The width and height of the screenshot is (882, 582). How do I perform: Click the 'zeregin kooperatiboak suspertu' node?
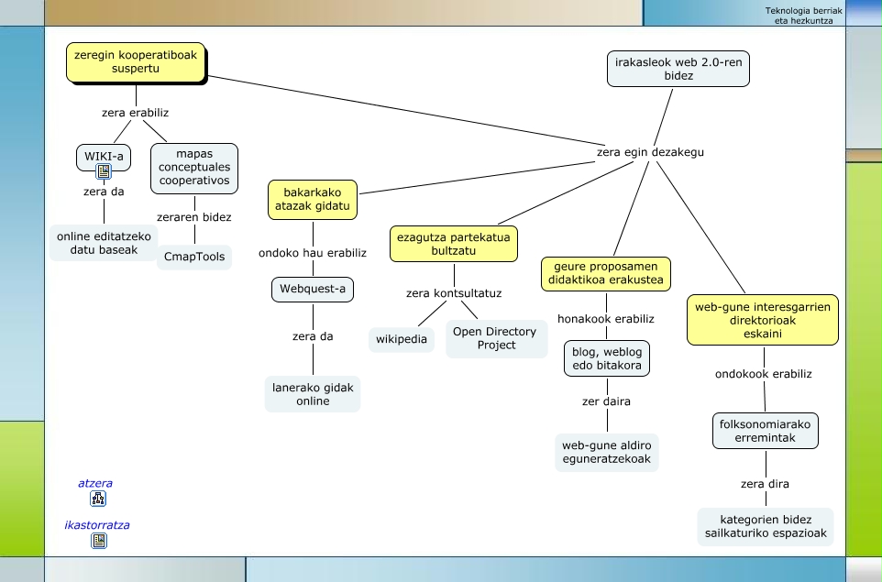click(x=136, y=62)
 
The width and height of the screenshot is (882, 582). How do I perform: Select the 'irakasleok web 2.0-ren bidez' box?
click(x=678, y=69)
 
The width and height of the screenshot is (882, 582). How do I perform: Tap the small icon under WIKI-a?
click(x=104, y=170)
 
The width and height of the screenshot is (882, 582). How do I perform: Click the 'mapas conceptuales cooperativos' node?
click(x=194, y=168)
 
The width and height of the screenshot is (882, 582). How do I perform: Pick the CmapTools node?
click(x=194, y=256)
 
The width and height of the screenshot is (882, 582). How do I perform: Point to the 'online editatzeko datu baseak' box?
click(x=104, y=243)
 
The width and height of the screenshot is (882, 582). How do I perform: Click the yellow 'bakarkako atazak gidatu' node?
click(x=313, y=200)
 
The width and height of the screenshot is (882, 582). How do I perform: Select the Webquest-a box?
click(x=313, y=290)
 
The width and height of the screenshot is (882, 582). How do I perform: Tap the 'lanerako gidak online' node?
click(x=313, y=394)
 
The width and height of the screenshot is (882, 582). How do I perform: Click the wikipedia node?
click(x=402, y=339)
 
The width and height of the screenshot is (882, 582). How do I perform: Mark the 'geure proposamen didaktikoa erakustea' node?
click(x=605, y=273)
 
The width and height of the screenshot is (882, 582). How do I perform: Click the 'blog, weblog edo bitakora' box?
click(x=607, y=358)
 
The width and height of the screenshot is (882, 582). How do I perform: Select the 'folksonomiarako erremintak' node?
click(x=766, y=431)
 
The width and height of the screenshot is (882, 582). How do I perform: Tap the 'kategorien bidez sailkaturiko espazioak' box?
click(x=766, y=526)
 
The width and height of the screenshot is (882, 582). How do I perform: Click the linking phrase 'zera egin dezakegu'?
click(x=650, y=152)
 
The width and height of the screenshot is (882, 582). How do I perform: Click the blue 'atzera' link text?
click(x=95, y=483)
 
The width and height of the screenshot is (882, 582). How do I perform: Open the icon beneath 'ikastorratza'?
click(x=99, y=541)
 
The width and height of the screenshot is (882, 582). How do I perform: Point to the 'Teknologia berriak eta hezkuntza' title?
click(x=803, y=15)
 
